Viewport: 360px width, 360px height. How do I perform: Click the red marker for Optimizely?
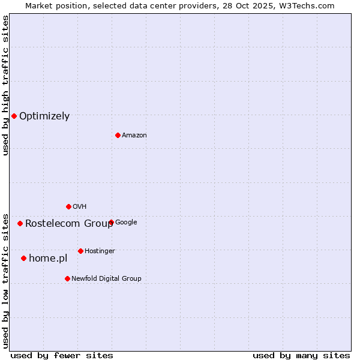(14, 116)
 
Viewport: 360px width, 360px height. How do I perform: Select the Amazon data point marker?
(118, 135)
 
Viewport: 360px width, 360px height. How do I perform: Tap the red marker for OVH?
(68, 206)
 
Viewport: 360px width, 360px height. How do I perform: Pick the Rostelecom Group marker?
(20, 223)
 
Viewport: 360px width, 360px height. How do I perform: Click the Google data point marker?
(111, 222)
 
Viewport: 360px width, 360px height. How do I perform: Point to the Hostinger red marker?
(80, 251)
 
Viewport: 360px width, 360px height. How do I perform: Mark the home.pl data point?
(23, 258)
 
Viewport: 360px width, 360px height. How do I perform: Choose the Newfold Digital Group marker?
(67, 278)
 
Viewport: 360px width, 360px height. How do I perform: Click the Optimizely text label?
(44, 116)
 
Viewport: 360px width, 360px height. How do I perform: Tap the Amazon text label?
(134, 136)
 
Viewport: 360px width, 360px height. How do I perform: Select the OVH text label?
(80, 207)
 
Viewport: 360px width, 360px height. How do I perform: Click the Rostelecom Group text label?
(69, 224)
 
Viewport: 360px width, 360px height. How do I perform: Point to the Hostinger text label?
(100, 251)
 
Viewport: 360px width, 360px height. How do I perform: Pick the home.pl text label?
(48, 259)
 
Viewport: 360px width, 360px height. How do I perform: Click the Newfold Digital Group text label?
(106, 279)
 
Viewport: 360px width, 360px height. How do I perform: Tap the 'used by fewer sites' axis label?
(62, 355)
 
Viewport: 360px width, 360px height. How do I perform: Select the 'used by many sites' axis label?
(301, 355)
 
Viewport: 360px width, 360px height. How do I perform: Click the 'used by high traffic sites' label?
(5, 85)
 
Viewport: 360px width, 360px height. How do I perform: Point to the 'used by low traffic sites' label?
(5, 281)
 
